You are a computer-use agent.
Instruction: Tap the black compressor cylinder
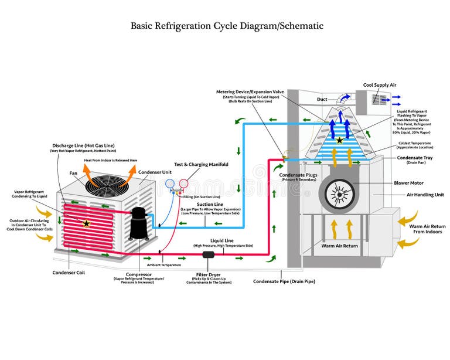(x=139, y=223)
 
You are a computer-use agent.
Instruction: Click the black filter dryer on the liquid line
(x=209, y=255)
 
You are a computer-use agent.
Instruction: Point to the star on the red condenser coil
(x=87, y=223)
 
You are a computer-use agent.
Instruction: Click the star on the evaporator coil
(x=339, y=141)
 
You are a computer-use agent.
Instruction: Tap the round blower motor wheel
(x=338, y=193)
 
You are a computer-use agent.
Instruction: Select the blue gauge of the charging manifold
(x=170, y=184)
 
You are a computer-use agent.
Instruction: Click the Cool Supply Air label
(x=380, y=85)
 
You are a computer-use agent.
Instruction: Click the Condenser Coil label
(x=69, y=272)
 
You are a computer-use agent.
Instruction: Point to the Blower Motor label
(x=409, y=183)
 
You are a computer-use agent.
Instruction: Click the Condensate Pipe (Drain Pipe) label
(x=284, y=281)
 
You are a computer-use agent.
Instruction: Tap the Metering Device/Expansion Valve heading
(x=250, y=92)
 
